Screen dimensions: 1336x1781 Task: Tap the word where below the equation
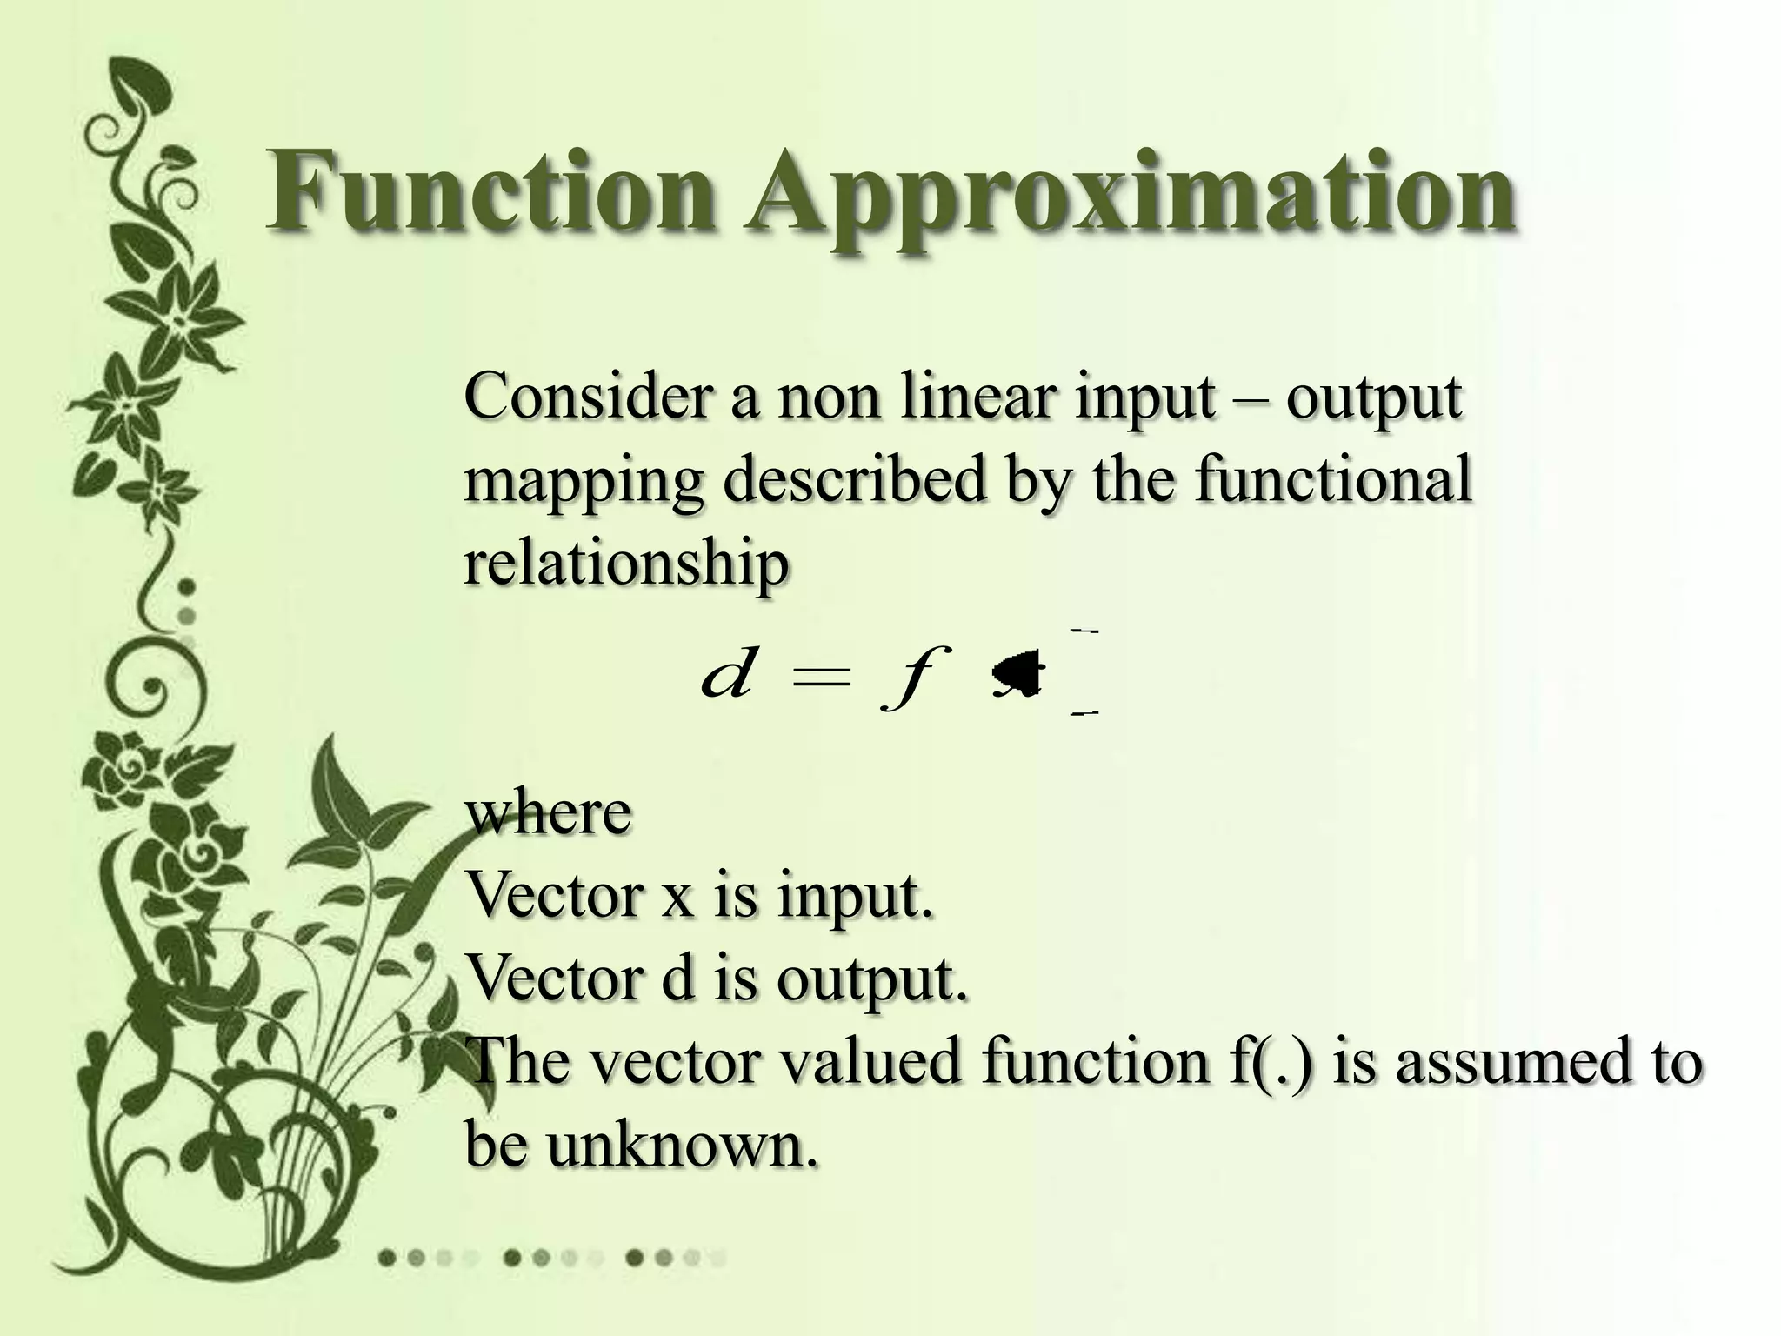548,812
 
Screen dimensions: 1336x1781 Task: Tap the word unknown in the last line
683,1144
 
